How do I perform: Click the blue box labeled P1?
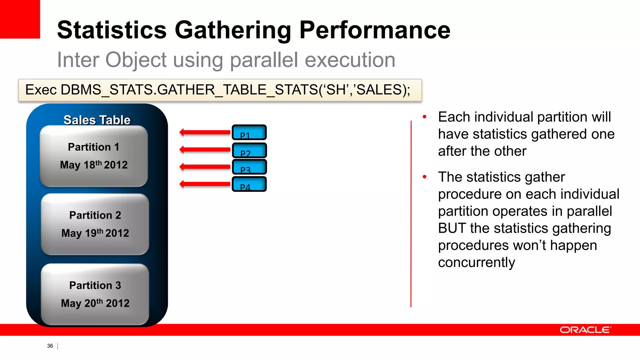[x=249, y=132]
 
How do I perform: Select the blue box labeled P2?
[x=249, y=150]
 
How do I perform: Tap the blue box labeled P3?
[x=249, y=167]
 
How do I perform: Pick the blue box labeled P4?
[x=249, y=184]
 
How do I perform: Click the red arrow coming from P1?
[x=205, y=132]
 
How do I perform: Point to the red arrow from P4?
[x=205, y=184]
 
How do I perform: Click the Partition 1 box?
[x=94, y=156]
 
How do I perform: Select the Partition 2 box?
[x=95, y=224]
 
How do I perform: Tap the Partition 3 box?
[x=95, y=294]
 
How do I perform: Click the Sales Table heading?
[x=97, y=120]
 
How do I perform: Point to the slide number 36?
[x=50, y=346]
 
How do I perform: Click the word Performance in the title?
[x=375, y=30]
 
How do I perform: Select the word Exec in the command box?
[x=41, y=90]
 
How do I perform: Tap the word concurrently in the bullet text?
[x=476, y=262]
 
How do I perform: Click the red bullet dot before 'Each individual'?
[x=424, y=117]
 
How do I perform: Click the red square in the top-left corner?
[x=20, y=19]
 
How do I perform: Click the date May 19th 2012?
[x=95, y=233]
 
